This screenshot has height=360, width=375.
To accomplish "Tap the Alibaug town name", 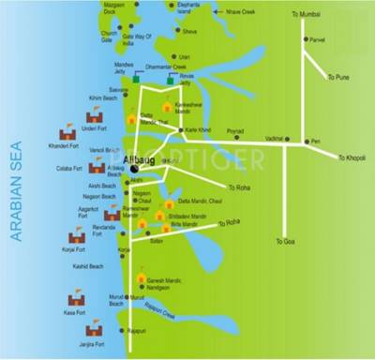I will pyautogui.click(x=138, y=159).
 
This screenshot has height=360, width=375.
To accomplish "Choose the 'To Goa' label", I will pyautogui.click(x=286, y=241).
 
